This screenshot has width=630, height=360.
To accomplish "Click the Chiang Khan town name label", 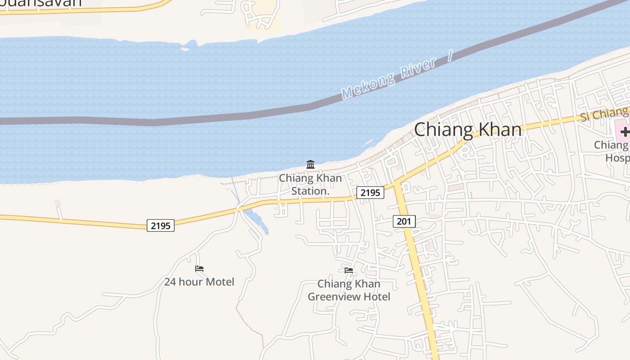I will [x=468, y=130].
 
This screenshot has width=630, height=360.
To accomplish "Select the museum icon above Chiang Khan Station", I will [x=310, y=165].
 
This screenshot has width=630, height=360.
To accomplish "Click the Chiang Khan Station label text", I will [x=310, y=184].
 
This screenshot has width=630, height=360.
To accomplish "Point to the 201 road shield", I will [x=404, y=221].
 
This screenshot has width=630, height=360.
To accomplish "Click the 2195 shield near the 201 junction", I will [x=370, y=193].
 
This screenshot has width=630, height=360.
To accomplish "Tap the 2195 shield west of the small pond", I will [x=161, y=225].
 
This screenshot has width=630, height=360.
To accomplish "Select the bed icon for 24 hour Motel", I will [x=199, y=269].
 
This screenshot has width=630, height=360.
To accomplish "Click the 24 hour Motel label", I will [x=199, y=282].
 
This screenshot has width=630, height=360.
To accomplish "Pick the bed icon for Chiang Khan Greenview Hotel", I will [x=349, y=270].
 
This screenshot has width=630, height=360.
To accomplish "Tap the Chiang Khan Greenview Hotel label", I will [x=349, y=290].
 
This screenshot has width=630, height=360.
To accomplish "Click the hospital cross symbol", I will [x=625, y=132].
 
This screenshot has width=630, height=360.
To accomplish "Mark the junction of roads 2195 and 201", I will [x=396, y=184].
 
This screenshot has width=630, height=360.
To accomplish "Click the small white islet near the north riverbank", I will [x=184, y=49].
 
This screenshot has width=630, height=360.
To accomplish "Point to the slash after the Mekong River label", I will [x=449, y=56].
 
